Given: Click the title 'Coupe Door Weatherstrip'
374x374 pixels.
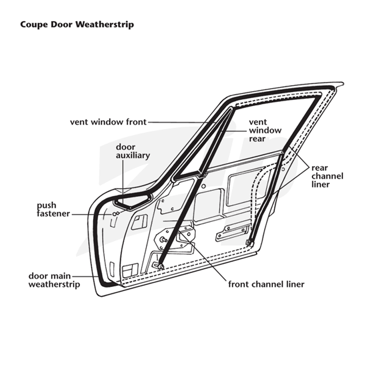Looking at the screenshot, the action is pos(77,25).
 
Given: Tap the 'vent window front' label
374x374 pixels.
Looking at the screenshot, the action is pos(108,122).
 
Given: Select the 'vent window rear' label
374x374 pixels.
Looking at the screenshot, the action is pos(265,130).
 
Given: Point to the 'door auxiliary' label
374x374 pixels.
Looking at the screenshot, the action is pos(133,151).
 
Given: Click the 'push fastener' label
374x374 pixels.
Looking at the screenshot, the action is pos(53,209).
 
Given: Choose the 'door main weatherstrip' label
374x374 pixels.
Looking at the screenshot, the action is pos(54,280).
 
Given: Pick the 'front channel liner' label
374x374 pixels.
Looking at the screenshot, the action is pos(266,284).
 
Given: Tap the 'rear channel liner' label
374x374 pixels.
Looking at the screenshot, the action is pos(327,176).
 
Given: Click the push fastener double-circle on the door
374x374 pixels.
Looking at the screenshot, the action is pos(115,214).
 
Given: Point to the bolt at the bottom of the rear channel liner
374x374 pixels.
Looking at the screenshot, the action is pos(250,243).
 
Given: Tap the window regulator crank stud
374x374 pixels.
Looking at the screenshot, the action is pos(164,239).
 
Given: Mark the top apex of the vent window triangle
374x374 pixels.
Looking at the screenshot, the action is pos(230,108).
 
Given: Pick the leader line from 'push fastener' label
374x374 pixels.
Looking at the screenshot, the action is pos(91,215).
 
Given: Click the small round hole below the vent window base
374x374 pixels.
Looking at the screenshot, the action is pos(203,186).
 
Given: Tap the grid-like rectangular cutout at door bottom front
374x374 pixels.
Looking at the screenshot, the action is pos(130,271).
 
